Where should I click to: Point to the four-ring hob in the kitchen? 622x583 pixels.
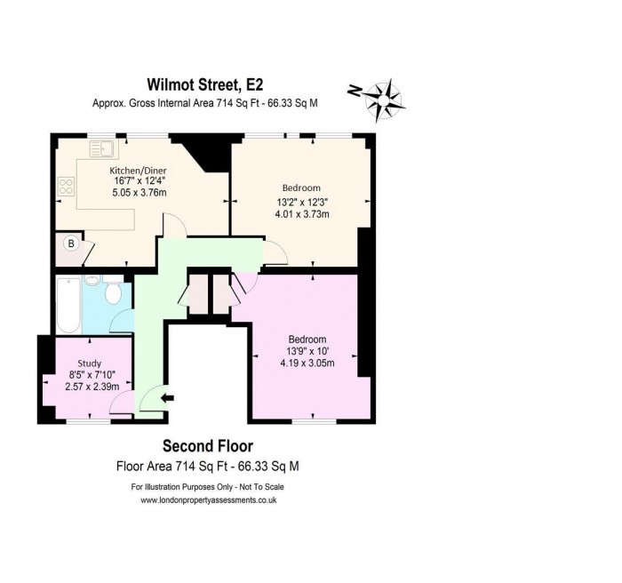(66, 186)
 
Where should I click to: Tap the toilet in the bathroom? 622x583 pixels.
(114, 292)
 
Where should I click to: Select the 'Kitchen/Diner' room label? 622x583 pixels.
(138, 171)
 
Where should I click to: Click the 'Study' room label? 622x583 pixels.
(90, 363)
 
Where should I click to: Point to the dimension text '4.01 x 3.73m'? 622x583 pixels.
(301, 213)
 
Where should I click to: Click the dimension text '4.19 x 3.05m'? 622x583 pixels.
(307, 363)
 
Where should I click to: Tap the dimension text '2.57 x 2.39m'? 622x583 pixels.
(90, 387)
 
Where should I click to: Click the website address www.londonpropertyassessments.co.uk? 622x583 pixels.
(209, 500)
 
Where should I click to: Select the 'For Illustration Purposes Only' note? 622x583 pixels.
(209, 487)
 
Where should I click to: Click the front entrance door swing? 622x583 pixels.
(151, 398)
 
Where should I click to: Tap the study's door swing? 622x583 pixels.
(124, 400)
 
